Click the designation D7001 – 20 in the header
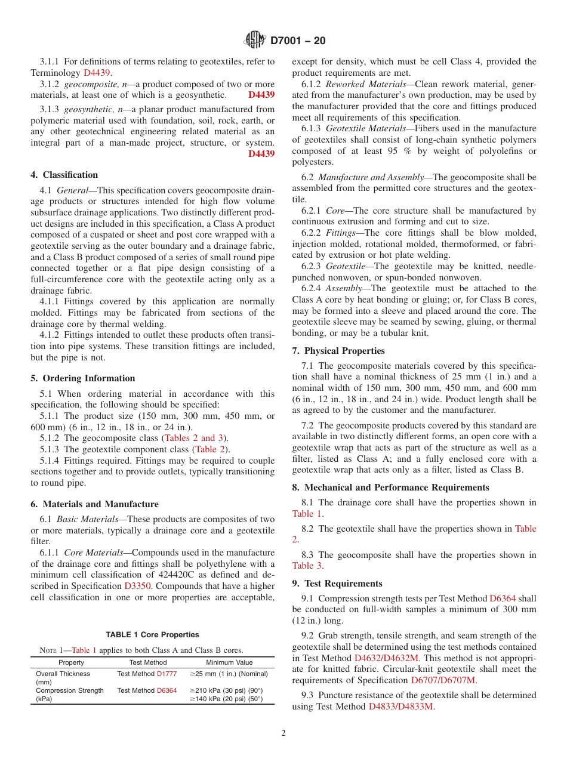298,41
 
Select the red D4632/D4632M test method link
387,658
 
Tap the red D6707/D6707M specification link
444,680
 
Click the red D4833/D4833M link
402,706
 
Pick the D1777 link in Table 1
167,674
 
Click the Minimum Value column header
229,662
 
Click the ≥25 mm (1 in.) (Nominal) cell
229,674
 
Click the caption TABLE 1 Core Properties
152,634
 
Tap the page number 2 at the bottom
283,733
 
